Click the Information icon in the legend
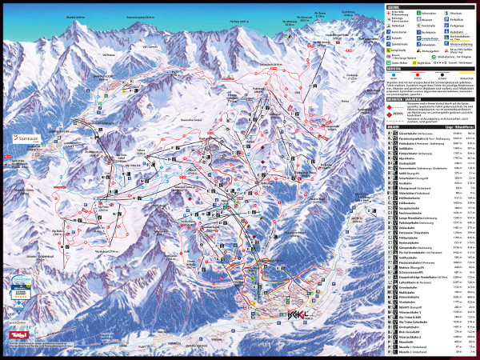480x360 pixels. coord(422,15)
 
